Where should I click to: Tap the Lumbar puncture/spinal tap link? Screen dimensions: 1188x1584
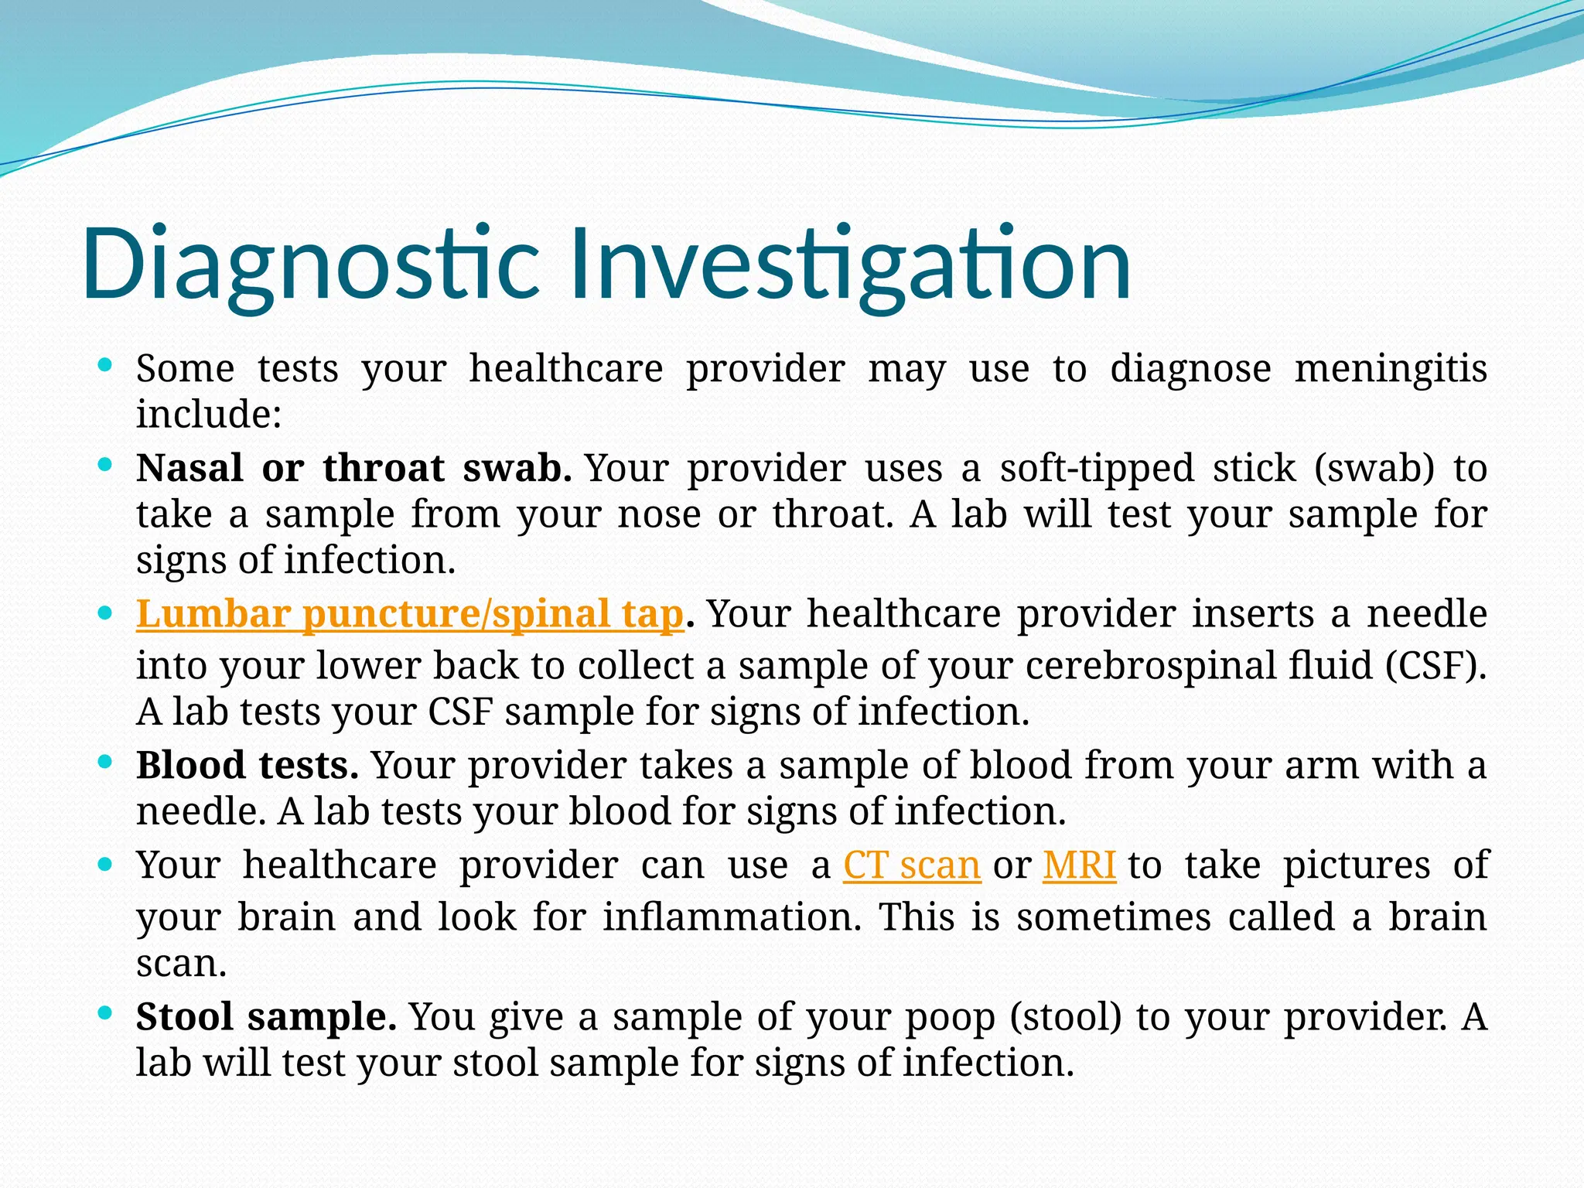tap(410, 614)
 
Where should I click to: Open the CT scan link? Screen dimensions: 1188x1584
tap(912, 865)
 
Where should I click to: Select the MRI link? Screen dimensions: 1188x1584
tap(1079, 865)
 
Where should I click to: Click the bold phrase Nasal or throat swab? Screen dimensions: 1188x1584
tap(353, 468)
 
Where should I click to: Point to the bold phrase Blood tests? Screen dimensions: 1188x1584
tap(247, 765)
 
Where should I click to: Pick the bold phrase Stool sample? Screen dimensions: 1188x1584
tap(266, 1016)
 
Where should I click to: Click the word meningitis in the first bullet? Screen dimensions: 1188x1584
tap(1391, 368)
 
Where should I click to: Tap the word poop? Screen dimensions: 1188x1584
tap(950, 1016)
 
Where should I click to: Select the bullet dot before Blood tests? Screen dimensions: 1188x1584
tap(106, 761)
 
